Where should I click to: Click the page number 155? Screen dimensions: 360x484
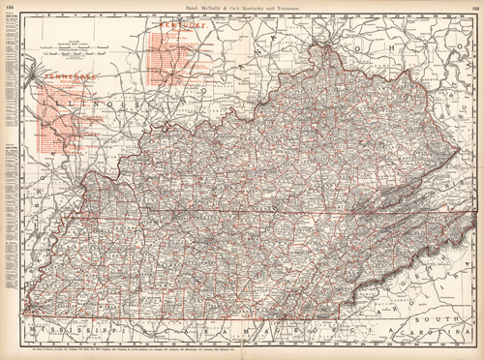[x=473, y=9]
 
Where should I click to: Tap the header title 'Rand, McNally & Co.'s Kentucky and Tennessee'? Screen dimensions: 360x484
[x=242, y=9]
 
